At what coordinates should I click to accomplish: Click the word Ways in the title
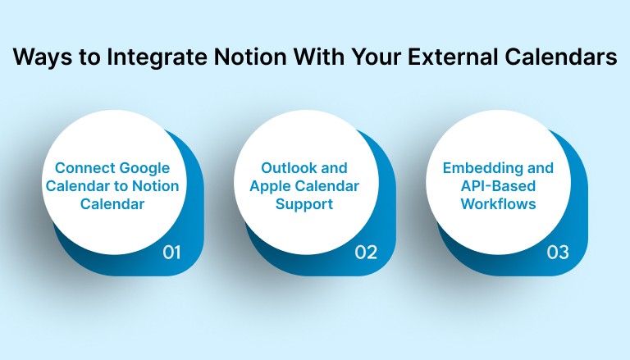[x=43, y=58]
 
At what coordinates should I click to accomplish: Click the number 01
[x=171, y=253]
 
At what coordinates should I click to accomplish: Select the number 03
[x=558, y=253]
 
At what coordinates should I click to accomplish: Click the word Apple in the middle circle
[x=272, y=186]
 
